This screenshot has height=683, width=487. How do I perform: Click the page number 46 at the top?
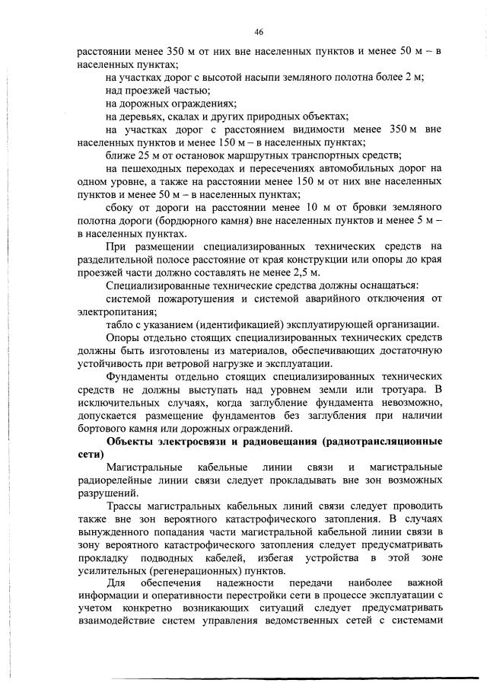pos(259,32)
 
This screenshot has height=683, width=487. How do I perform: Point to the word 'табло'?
pos(120,324)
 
